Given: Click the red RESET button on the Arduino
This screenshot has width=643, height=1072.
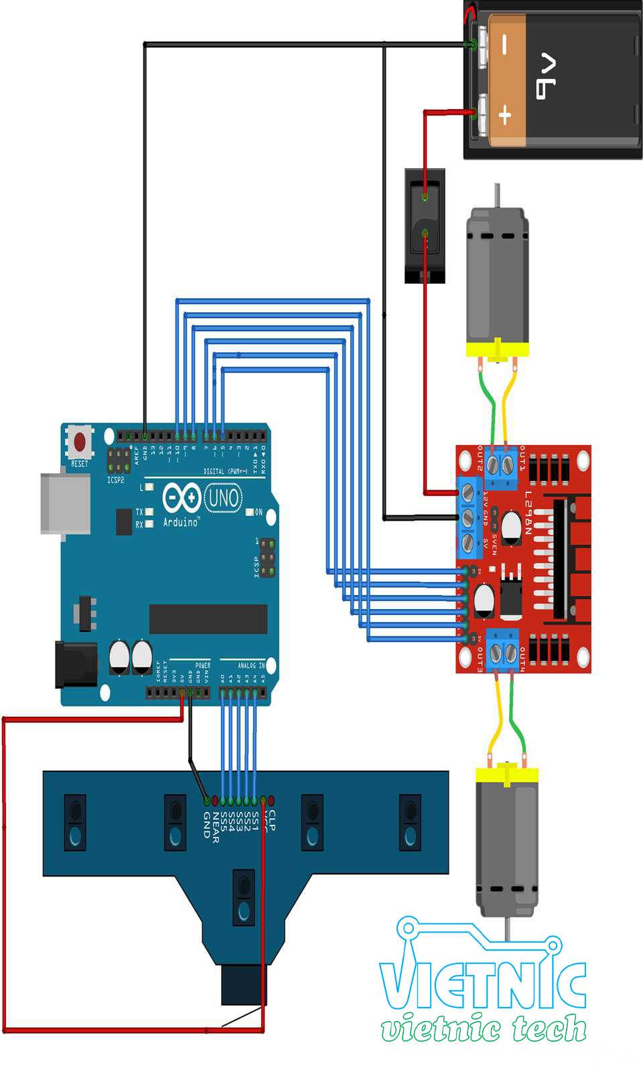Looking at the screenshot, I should pyautogui.click(x=80, y=442).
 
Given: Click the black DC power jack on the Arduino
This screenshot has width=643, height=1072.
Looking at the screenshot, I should pyautogui.click(x=76, y=664).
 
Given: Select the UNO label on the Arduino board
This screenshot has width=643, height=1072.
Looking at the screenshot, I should pyautogui.click(x=223, y=498).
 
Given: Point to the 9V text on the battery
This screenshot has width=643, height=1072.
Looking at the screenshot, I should pyautogui.click(x=546, y=76).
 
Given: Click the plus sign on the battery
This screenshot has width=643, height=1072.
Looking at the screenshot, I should pyautogui.click(x=505, y=115).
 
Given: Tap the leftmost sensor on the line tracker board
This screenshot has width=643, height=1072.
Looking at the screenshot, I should pyautogui.click(x=75, y=822).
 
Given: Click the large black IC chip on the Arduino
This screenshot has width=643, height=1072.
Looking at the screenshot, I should pyautogui.click(x=208, y=618).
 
